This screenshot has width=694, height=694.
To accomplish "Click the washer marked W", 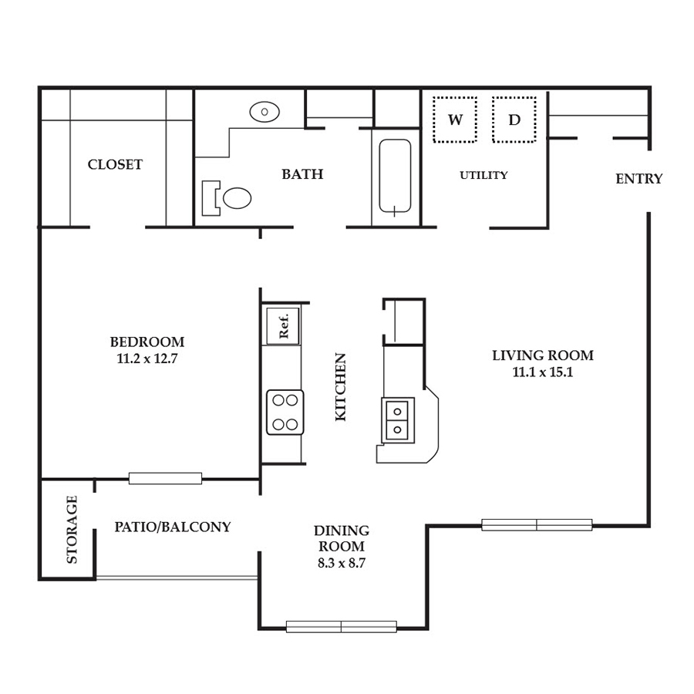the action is (455, 120).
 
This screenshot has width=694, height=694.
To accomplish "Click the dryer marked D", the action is (514, 120).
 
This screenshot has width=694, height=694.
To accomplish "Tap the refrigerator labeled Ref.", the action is (283, 326).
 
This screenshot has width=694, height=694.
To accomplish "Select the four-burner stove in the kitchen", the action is (285, 412).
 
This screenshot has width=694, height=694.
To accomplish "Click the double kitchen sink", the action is (398, 420).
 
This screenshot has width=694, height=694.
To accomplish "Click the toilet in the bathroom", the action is (227, 198).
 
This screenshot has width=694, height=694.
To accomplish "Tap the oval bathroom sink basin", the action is (264, 112).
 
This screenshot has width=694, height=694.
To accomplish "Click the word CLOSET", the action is (115, 165).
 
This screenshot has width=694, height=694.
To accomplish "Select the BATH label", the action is (303, 174).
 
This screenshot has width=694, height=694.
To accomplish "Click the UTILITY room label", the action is (483, 175).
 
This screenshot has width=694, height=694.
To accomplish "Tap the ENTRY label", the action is (639, 179).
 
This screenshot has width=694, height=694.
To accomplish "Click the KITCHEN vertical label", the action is (340, 387).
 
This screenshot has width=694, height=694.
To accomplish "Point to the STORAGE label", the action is (72, 529).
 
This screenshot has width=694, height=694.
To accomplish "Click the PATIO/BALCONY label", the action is (173, 527).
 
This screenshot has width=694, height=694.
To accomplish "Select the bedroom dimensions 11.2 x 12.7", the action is (147, 359).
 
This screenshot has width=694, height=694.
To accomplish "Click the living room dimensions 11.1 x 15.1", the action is (543, 372).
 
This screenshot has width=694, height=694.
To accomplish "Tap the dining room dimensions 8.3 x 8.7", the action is (342, 563).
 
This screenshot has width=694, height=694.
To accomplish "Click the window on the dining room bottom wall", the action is (342, 627).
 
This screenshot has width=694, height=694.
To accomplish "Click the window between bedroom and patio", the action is (166, 478).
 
